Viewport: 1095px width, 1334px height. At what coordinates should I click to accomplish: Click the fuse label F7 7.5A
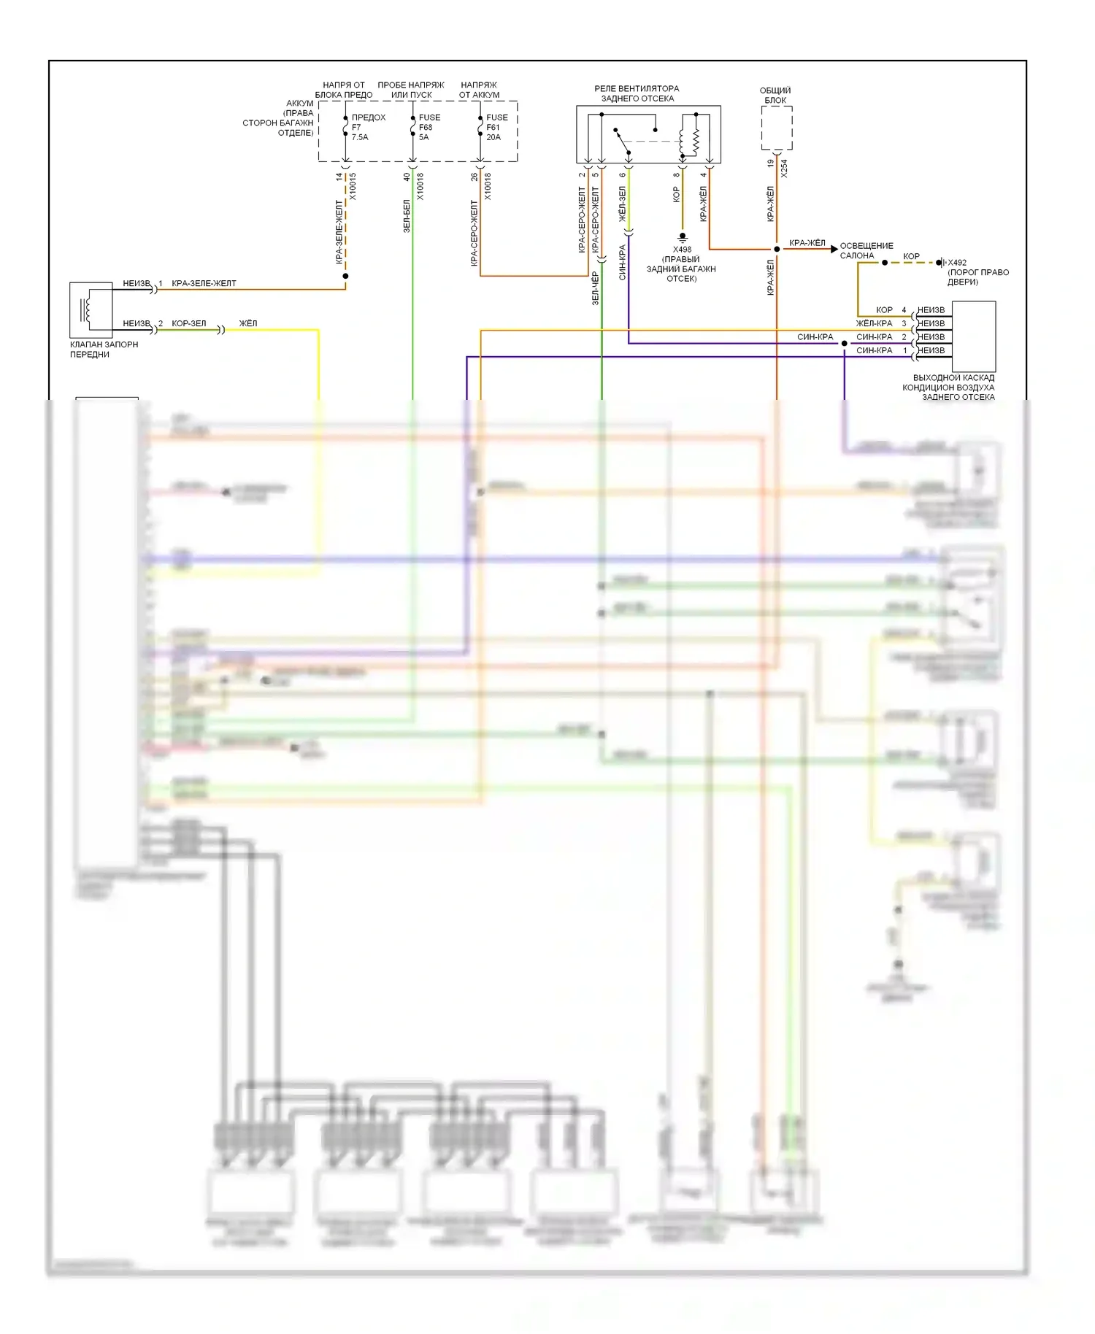click(x=359, y=132)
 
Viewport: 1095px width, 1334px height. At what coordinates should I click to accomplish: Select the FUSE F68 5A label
click(x=429, y=127)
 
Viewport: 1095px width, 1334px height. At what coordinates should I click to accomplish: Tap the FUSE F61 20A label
click(x=496, y=127)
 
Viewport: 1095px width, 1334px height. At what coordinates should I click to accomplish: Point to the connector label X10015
click(x=353, y=187)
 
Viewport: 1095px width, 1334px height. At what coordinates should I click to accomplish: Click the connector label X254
click(x=784, y=169)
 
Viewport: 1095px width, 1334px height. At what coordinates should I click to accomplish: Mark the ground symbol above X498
click(x=683, y=237)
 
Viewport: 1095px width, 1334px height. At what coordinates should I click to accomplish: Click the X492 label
click(x=957, y=263)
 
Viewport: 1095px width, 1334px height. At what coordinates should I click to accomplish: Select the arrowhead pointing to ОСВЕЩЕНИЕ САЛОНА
click(x=834, y=249)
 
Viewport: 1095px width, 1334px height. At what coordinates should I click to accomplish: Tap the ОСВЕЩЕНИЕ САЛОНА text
click(x=866, y=250)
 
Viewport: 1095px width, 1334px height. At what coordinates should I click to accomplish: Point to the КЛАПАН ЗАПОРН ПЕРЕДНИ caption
click(x=103, y=350)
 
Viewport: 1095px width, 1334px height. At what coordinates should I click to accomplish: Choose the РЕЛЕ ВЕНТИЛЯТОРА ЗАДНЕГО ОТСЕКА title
click(x=637, y=93)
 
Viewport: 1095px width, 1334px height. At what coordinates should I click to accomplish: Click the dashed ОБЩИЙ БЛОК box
click(x=777, y=128)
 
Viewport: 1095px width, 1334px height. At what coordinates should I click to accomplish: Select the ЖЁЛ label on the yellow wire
click(x=248, y=323)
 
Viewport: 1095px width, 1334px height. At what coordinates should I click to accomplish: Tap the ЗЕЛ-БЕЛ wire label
click(x=407, y=216)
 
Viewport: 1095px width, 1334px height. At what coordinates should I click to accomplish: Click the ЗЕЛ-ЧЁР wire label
click(x=595, y=288)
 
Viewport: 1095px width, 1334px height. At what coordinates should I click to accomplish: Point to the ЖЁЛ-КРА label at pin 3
click(x=874, y=323)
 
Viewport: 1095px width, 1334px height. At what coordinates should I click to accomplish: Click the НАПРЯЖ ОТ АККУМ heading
click(x=479, y=90)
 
